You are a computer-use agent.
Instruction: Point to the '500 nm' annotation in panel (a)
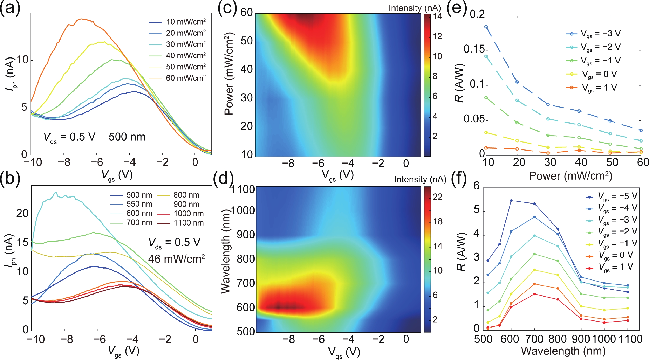[x=127, y=137]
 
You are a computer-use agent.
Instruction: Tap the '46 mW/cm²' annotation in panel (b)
[x=176, y=259]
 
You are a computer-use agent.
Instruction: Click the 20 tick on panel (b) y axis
[x=22, y=214]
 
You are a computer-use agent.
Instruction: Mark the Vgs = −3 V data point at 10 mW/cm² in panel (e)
[x=486, y=27]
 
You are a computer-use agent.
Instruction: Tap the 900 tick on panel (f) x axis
[x=581, y=339]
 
